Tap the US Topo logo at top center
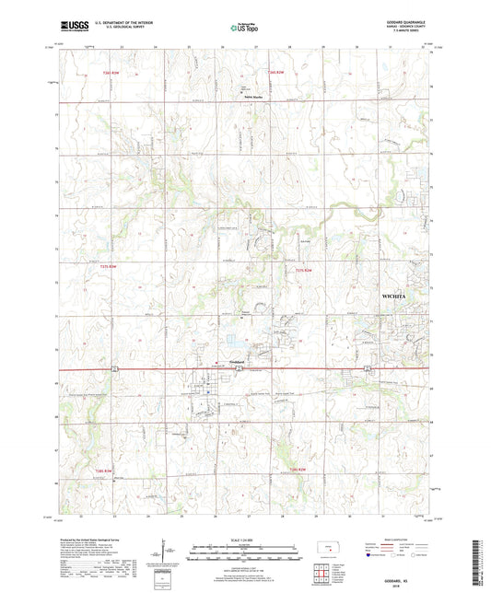[244, 29]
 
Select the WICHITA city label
[398, 296]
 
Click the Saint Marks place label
[254, 95]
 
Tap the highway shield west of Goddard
[113, 369]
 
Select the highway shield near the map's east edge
[368, 370]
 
